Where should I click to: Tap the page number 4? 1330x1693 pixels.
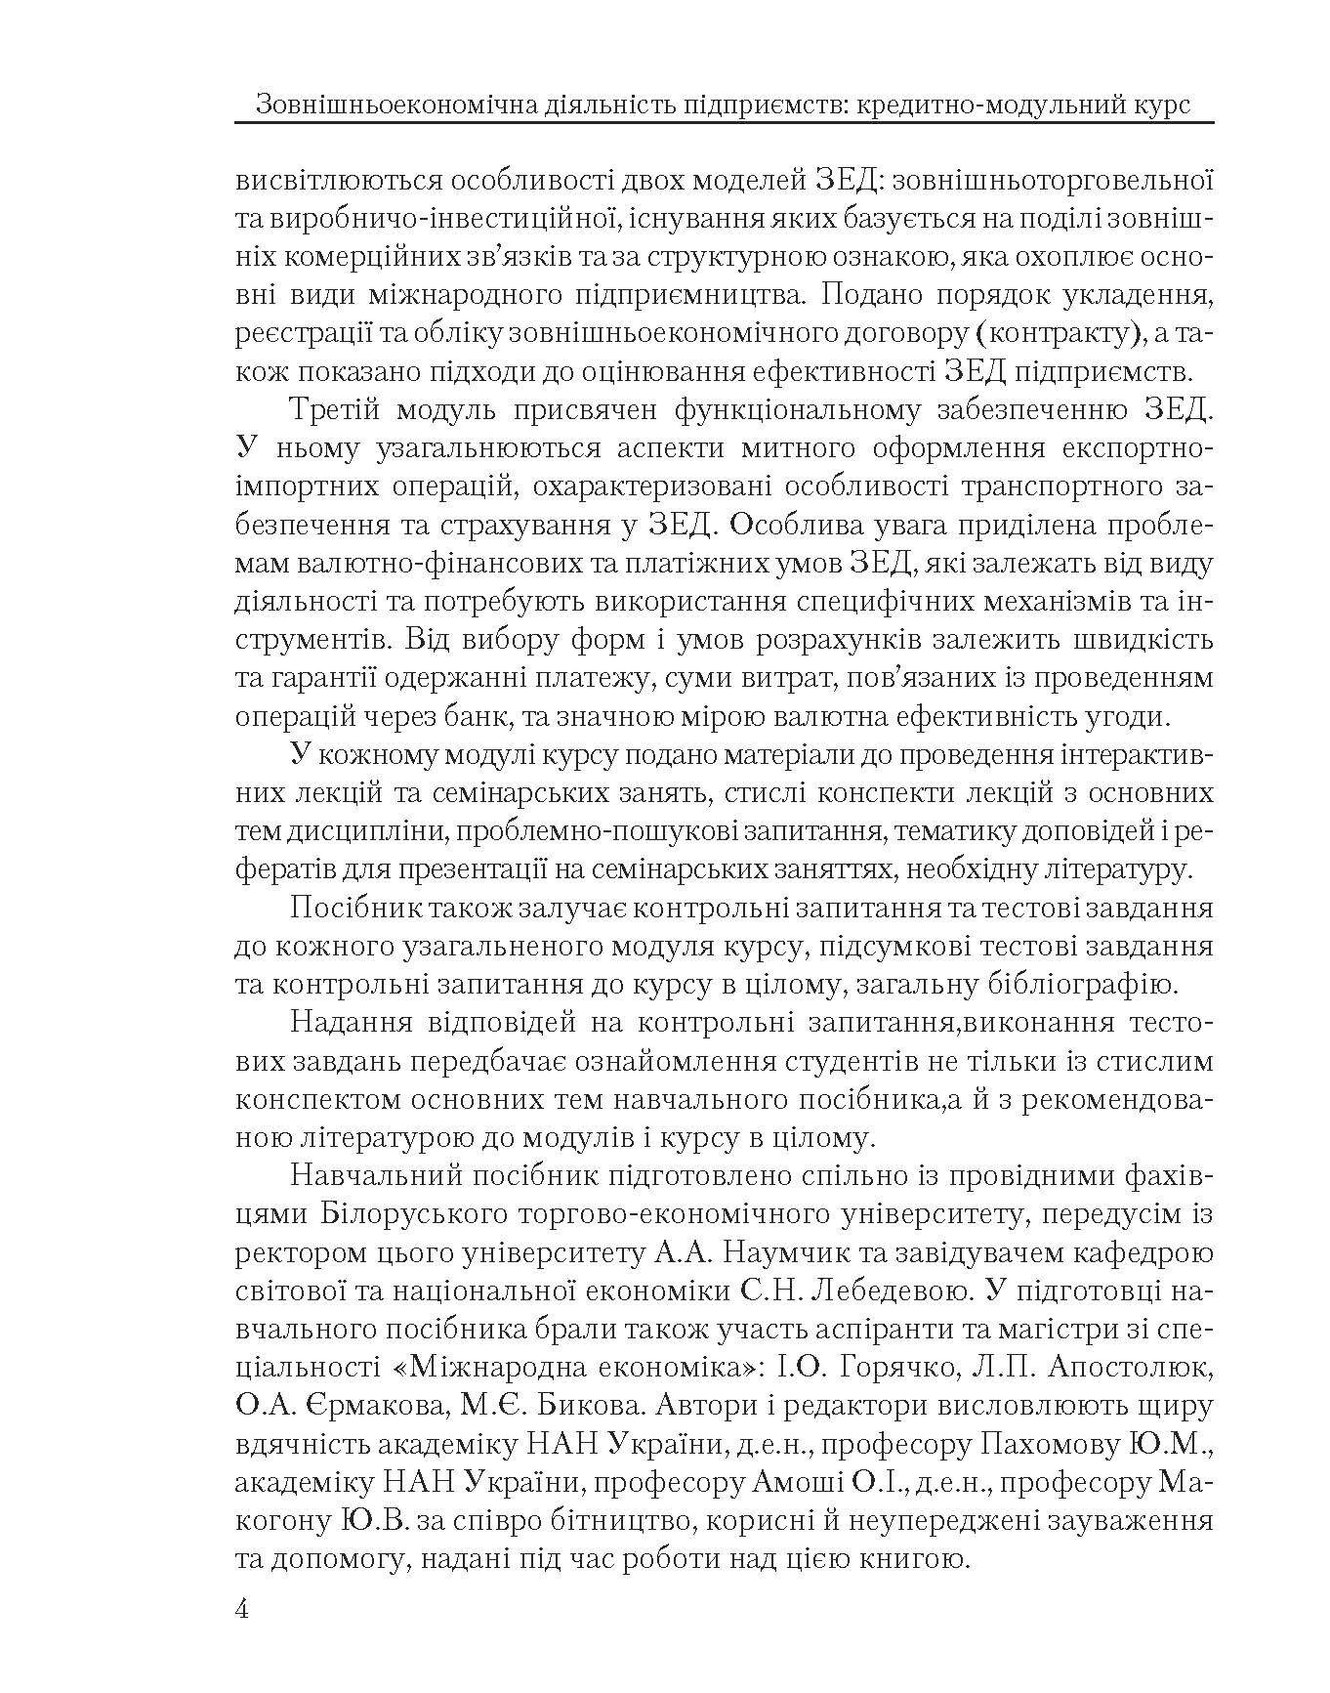tap(242, 1609)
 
